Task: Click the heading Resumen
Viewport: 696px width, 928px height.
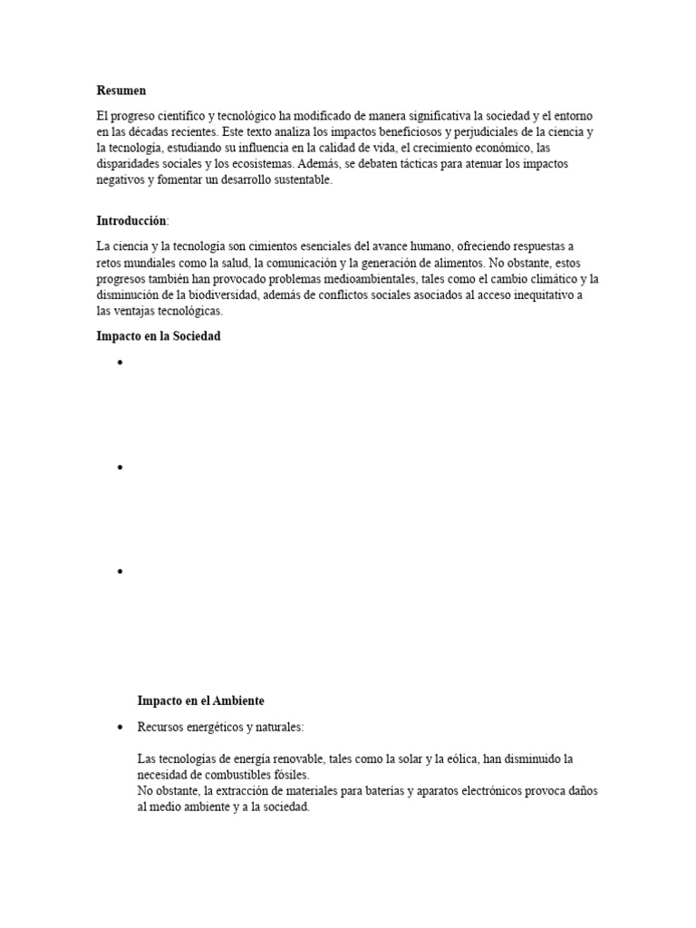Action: (121, 91)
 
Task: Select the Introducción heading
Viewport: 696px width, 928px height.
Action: (131, 220)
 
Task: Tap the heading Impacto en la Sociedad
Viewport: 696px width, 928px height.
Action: (158, 336)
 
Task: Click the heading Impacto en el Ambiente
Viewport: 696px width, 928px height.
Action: (200, 701)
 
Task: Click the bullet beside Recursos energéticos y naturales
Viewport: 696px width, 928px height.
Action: (120, 728)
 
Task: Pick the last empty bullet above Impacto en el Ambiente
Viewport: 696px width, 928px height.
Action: (120, 572)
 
